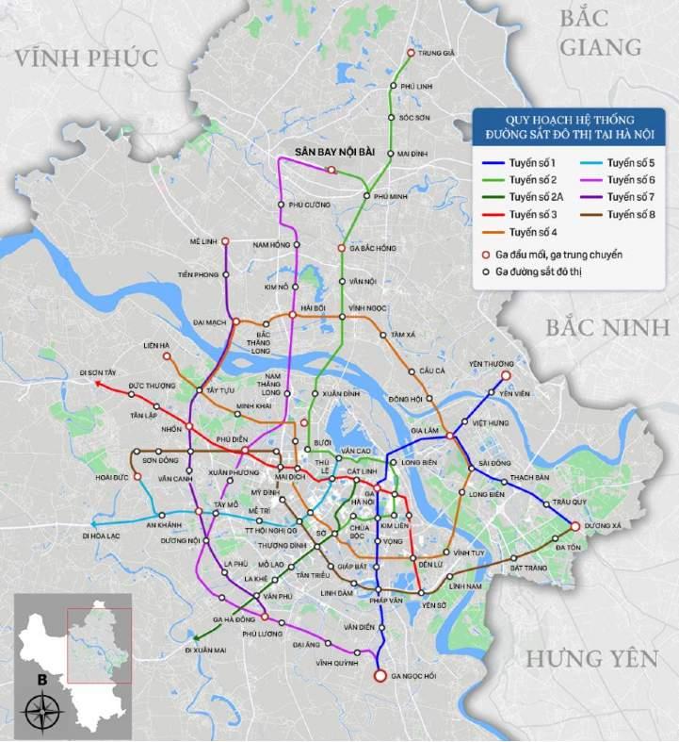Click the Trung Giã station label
[x=436, y=54]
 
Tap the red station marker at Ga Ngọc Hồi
[x=380, y=676]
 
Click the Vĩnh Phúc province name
[x=86, y=58]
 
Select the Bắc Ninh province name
[x=606, y=327]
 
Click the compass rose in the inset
[x=40, y=708]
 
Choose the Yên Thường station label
[x=490, y=364]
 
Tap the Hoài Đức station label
[x=112, y=477]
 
